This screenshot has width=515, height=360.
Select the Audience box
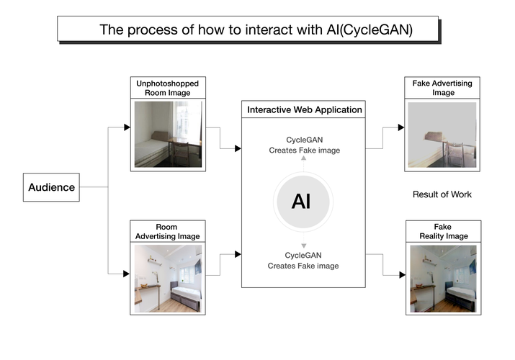(x=51, y=187)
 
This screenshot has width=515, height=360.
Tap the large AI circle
(x=301, y=201)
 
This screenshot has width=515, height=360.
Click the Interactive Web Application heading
(x=305, y=110)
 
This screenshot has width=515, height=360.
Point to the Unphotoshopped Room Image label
(x=168, y=88)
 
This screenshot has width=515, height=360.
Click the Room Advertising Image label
(x=168, y=232)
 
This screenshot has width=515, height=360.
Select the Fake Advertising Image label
(x=442, y=88)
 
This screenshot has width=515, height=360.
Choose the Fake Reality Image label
(x=442, y=232)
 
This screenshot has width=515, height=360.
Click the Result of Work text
(x=442, y=194)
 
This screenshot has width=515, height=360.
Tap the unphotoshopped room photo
(x=168, y=134)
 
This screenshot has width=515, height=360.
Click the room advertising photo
(x=168, y=278)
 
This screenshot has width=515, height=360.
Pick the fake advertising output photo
(x=442, y=135)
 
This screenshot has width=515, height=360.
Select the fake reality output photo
(x=442, y=278)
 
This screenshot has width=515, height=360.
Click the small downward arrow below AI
(x=303, y=246)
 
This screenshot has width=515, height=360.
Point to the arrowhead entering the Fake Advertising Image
(x=400, y=127)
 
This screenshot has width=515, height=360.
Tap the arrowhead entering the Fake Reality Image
(x=400, y=274)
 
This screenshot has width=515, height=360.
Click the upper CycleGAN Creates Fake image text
(x=303, y=145)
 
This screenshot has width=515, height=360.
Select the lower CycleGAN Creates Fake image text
(x=303, y=261)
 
